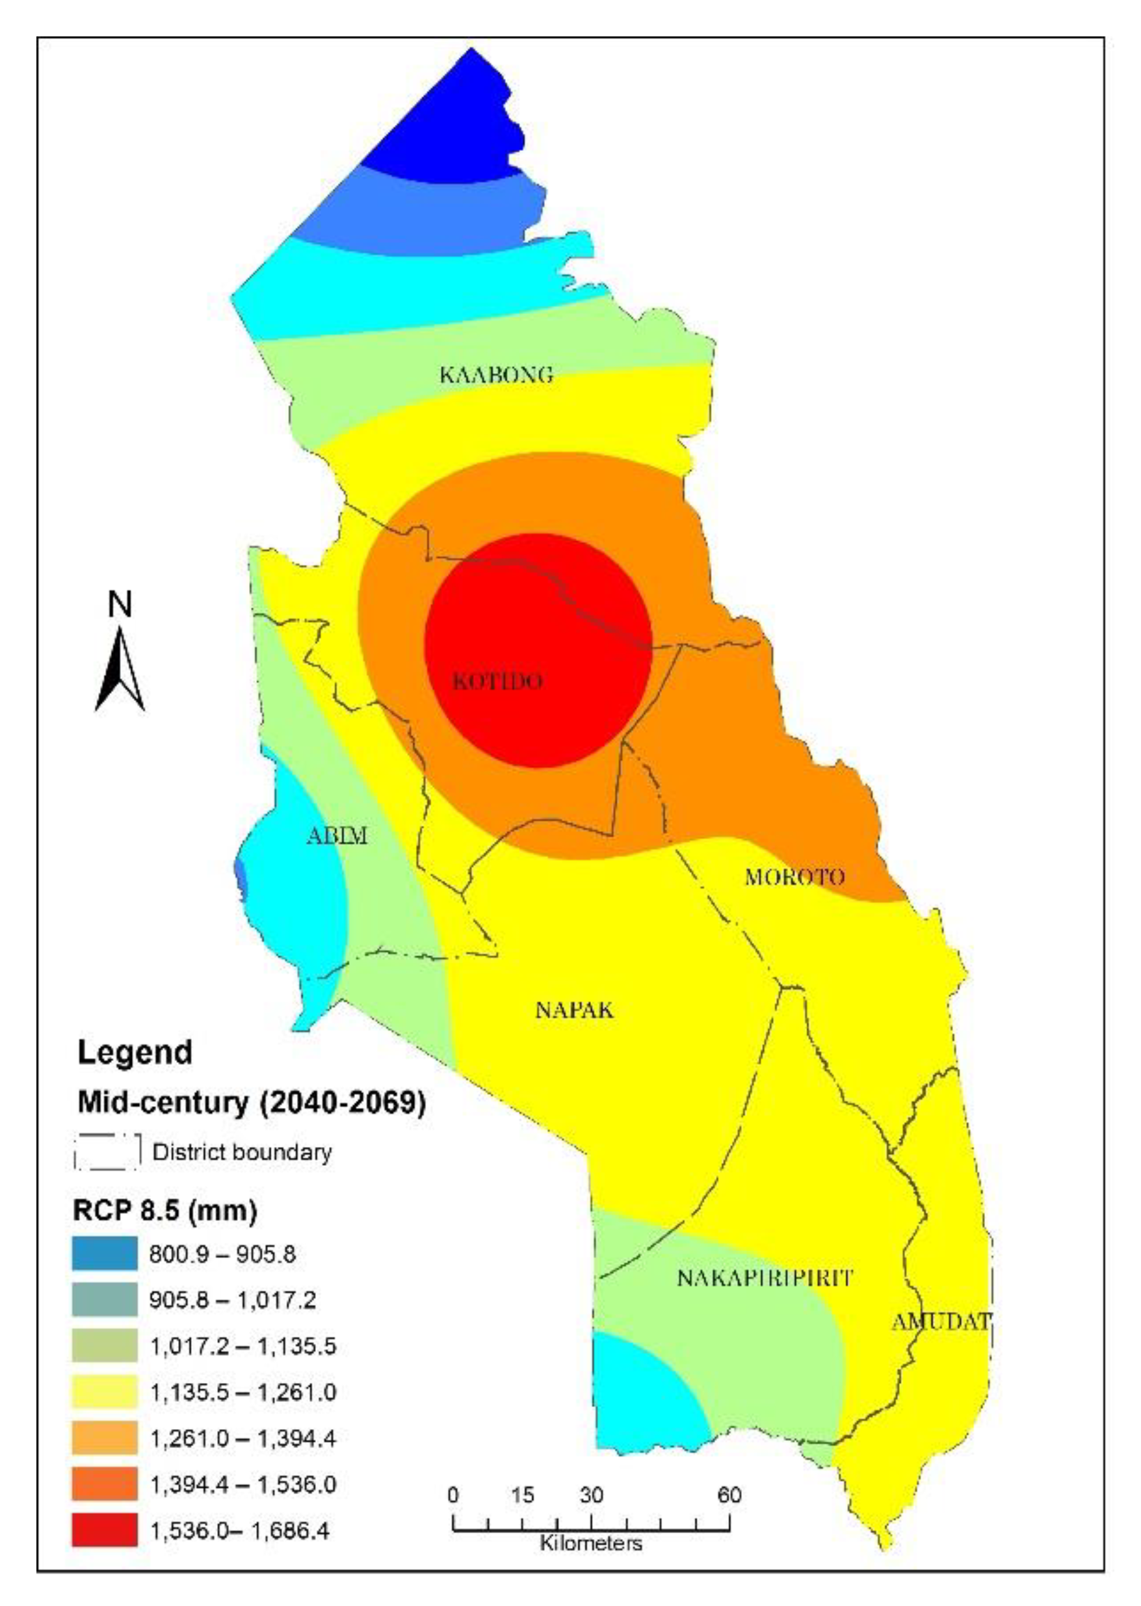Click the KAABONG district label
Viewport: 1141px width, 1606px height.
tap(496, 375)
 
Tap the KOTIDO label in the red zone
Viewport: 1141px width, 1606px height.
tap(497, 681)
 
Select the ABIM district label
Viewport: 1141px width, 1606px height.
tap(337, 836)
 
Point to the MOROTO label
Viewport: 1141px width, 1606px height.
tap(794, 878)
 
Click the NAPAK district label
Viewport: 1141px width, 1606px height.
tap(574, 1011)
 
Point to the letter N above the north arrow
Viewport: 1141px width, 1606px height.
tap(120, 604)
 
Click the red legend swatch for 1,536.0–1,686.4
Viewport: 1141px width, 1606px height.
tap(105, 1530)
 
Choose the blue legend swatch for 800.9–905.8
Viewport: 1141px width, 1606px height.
tap(105, 1254)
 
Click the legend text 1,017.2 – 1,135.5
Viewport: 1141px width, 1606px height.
tap(243, 1347)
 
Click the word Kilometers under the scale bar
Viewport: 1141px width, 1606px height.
tap(591, 1544)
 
